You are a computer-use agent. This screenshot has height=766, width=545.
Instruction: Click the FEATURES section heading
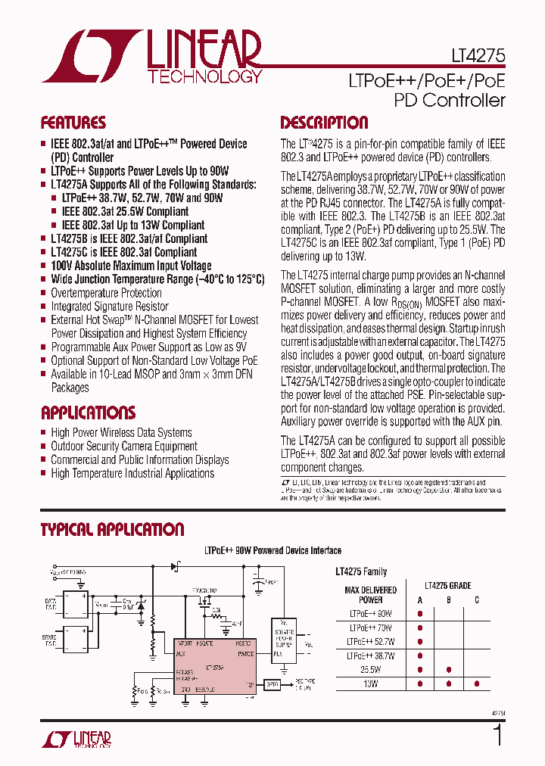pos(73,123)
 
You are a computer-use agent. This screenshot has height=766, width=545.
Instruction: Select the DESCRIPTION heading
pos(324,123)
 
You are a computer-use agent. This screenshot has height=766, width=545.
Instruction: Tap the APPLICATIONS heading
pos(88,413)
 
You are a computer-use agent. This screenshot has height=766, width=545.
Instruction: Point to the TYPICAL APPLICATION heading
pos(112,530)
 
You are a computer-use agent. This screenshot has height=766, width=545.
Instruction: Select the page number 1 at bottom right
pos(497,735)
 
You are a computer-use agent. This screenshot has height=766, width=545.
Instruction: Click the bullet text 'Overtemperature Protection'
pos(106,293)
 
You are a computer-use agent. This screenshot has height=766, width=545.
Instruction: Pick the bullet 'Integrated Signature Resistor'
pos(110,307)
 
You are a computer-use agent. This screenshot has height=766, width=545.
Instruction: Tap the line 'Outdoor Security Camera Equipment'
pos(124,447)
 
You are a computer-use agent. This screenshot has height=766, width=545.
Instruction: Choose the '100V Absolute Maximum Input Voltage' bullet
pos(131,266)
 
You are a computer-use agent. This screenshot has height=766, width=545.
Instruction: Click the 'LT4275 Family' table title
pos(361,572)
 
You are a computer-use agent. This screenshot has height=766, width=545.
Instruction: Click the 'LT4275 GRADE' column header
pos(448,586)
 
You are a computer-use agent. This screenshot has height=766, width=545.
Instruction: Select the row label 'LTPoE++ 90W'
pos(371,613)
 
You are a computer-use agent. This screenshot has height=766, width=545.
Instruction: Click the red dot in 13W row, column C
pos(477,683)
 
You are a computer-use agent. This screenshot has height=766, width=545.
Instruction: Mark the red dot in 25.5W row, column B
pos(448,670)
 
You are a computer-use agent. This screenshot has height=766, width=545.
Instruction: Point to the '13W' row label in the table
pos(371,683)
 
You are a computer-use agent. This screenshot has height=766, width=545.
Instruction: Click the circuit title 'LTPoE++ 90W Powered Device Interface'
pos(273,550)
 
